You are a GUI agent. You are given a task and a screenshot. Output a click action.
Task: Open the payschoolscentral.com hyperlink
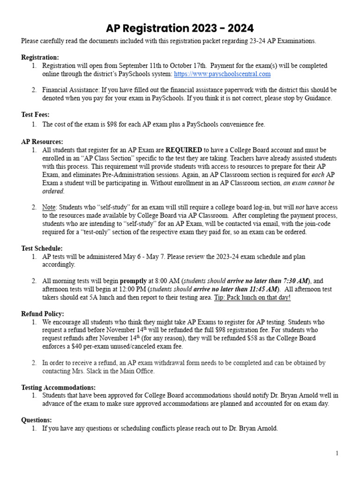click(x=222, y=74)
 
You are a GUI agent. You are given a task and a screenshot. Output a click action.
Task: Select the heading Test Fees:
click(x=35, y=114)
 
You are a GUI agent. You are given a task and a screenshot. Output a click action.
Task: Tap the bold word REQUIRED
click(x=184, y=150)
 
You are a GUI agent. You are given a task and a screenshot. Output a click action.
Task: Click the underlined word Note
click(x=49, y=207)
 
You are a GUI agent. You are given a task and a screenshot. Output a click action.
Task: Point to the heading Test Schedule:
click(x=42, y=248)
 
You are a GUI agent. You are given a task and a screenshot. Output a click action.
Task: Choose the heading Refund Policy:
click(x=43, y=314)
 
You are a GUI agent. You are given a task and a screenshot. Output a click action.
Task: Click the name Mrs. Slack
click(x=87, y=371)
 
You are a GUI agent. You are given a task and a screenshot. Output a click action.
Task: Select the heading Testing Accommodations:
click(x=58, y=387)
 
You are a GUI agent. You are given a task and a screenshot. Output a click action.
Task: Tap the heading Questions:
click(x=37, y=420)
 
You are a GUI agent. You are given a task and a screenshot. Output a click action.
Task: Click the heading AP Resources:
click(x=42, y=142)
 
